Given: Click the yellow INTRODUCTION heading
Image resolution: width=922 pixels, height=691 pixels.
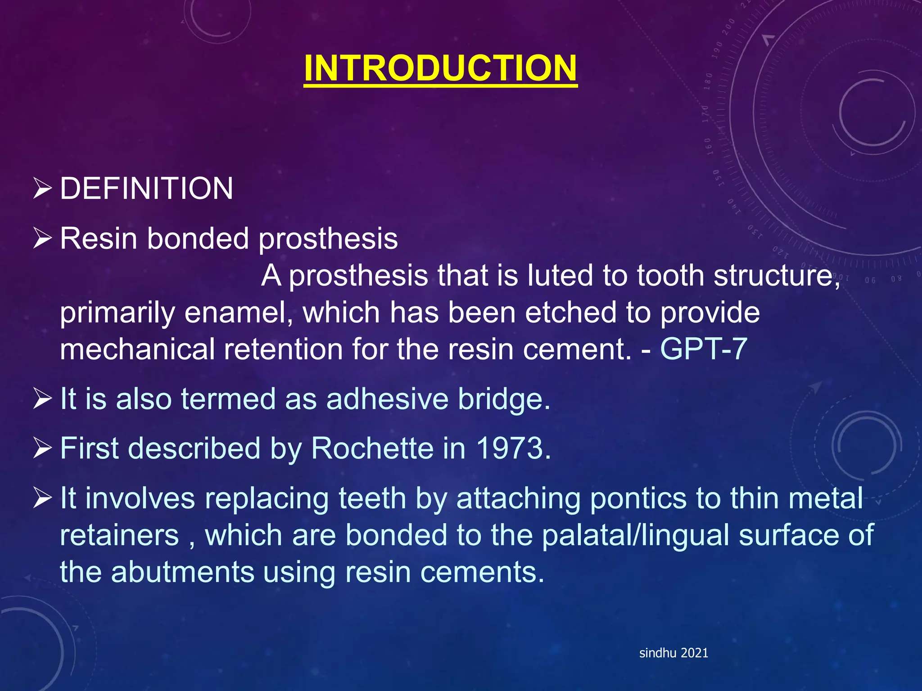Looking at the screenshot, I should [440, 68].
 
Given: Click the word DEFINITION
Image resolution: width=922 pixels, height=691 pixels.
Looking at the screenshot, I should [146, 188].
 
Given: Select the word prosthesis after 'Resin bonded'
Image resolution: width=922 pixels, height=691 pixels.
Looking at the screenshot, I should [328, 239].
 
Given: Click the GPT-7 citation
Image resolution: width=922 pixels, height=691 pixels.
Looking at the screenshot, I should [703, 349].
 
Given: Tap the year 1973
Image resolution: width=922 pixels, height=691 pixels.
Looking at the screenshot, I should [513, 449].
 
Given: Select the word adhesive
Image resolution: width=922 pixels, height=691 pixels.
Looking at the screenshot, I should [387, 399].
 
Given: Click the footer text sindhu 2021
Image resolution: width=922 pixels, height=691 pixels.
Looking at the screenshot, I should [673, 653].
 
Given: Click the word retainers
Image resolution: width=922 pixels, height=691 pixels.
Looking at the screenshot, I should [119, 535].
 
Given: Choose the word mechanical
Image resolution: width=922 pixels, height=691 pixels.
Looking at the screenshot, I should [138, 350].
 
